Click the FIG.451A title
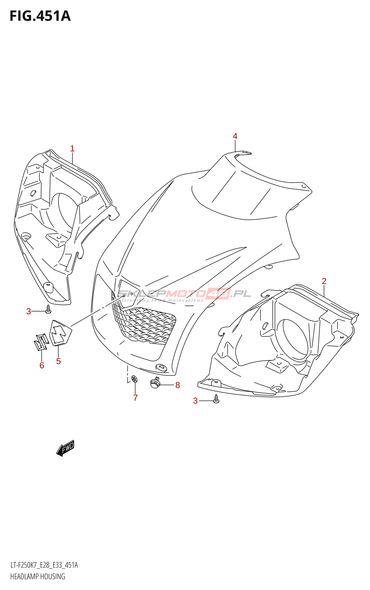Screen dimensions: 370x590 [x=40, y=16]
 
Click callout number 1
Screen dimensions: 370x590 [x=72, y=149]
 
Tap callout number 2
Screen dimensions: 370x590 [x=324, y=281]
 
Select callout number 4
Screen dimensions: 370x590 [x=235, y=136]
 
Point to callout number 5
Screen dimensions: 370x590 [x=58, y=361]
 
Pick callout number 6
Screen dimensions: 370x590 [x=42, y=365]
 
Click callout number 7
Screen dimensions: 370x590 [x=135, y=398]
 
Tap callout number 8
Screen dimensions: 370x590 [x=178, y=385]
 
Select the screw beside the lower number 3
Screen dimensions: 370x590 [x=216, y=399]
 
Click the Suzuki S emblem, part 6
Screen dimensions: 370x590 [x=41, y=342]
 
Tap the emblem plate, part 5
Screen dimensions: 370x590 [x=60, y=333]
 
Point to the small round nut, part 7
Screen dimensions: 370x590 [x=134, y=378]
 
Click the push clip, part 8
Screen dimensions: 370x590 [x=155, y=383]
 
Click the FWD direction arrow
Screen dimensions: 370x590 [x=66, y=448]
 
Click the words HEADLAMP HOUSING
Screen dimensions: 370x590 [x=38, y=576]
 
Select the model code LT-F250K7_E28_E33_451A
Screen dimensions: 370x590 [x=44, y=565]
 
